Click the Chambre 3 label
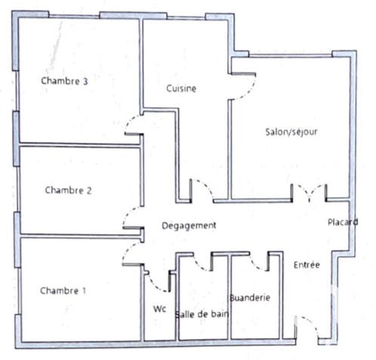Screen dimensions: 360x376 click(65, 82)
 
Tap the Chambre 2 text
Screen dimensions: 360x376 click(68, 190)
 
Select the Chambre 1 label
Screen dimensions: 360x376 click(63, 291)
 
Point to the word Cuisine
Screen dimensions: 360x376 click(181, 88)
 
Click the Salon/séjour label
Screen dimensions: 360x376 click(291, 131)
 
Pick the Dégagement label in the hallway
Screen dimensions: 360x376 click(190, 225)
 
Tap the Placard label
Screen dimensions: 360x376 click(342, 222)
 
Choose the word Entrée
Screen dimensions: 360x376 click(307, 265)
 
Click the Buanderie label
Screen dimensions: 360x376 click(250, 297)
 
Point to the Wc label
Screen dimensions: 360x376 click(159, 309)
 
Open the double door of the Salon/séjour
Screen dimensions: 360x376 click(310, 192)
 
